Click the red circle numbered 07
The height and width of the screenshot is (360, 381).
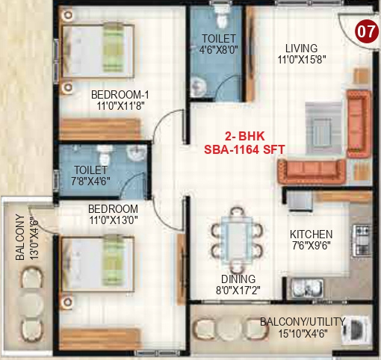364,32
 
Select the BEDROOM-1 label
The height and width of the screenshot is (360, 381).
120,95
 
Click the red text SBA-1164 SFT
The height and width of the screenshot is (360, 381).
244,149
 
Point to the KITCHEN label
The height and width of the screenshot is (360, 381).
312,235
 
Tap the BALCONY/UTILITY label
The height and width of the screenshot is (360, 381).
303,321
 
